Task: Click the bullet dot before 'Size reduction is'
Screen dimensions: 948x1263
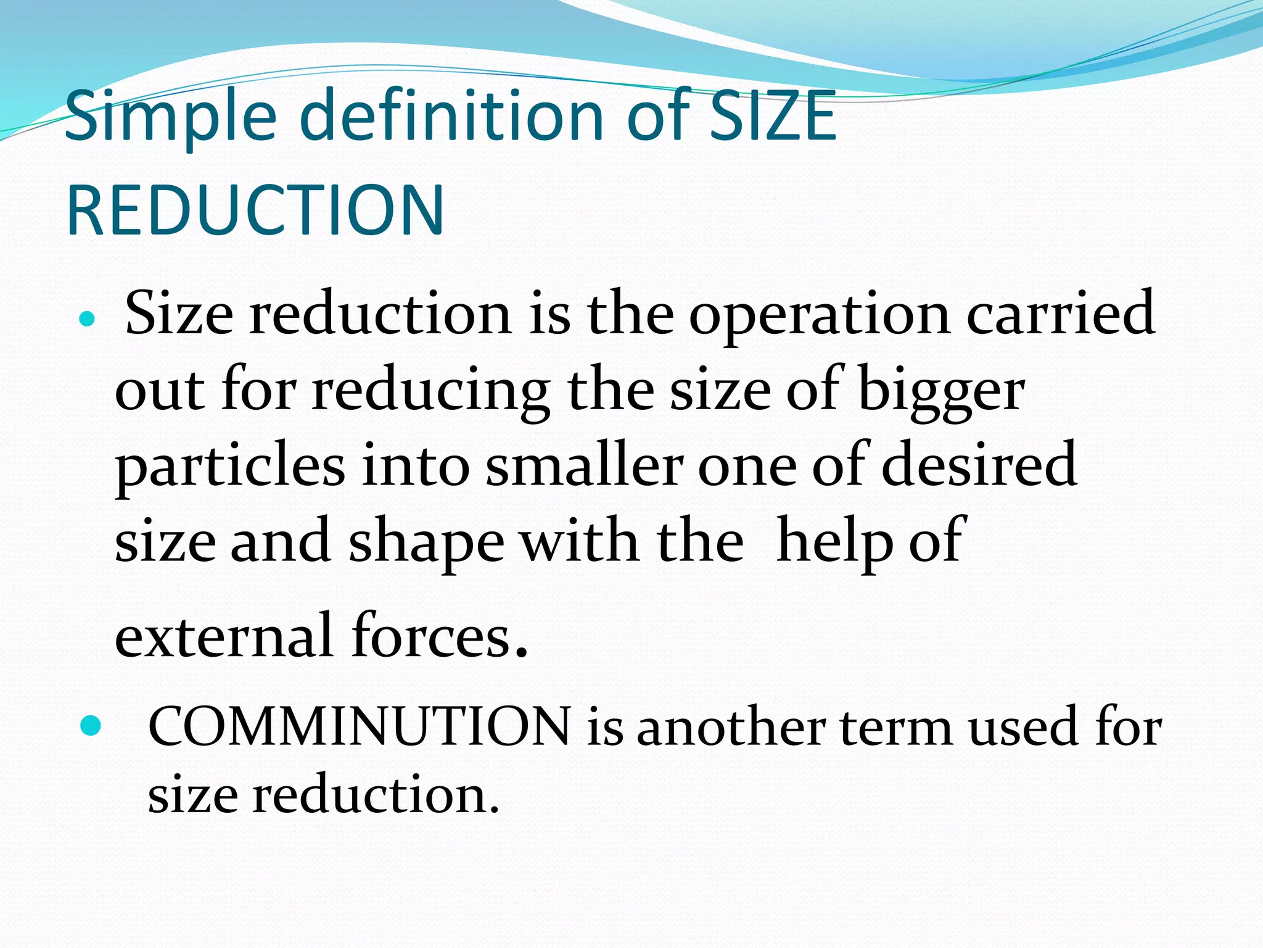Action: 88,320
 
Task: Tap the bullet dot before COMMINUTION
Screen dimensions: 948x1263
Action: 90,726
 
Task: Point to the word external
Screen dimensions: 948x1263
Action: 224,636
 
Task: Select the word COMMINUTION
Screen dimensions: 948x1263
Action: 360,727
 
